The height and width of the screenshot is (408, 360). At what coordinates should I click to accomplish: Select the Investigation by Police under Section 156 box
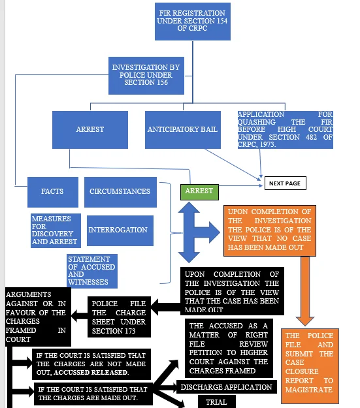tap(144, 74)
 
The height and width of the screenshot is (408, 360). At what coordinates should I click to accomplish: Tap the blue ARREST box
tap(90, 129)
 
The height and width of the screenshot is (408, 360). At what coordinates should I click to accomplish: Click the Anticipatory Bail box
tap(182, 129)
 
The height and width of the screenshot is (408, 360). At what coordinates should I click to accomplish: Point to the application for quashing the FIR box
tap(285, 129)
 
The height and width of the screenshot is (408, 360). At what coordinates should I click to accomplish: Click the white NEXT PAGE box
tap(284, 183)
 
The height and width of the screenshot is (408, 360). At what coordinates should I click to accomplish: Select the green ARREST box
tap(199, 191)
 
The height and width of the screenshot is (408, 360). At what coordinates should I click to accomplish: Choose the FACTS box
tap(52, 191)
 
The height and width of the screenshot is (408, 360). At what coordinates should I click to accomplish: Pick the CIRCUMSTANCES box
tap(120, 191)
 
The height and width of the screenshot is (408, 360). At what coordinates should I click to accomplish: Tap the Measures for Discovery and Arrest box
tap(55, 230)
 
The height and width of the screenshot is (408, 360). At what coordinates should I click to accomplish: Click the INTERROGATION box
tap(118, 230)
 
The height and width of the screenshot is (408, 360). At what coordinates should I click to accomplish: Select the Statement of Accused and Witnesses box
tap(92, 271)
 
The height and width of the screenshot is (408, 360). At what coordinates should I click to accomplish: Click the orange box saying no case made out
tap(269, 230)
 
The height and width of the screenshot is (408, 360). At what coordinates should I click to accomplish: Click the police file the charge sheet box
tap(119, 317)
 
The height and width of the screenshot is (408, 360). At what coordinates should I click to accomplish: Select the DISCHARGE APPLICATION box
tap(226, 386)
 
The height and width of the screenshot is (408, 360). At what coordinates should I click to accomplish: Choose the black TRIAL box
tap(216, 401)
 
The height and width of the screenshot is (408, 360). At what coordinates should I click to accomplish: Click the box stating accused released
tap(90, 364)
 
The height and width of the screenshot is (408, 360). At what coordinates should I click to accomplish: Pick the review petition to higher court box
tap(228, 347)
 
